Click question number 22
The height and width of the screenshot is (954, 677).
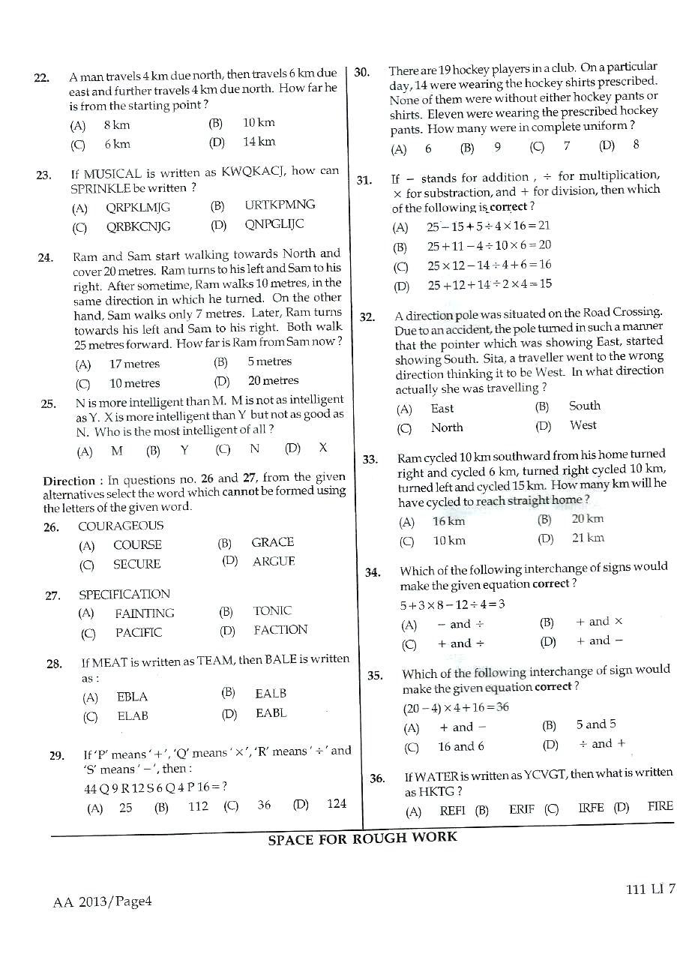pos(41,77)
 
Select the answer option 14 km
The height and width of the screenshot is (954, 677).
pos(259,141)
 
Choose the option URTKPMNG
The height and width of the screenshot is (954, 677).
pos(280,205)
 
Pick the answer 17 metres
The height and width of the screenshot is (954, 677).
pos(134,364)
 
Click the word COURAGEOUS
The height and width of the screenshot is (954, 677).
pos(121,526)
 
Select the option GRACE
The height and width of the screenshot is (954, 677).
pos(272,542)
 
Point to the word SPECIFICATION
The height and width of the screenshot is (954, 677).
pos(124,594)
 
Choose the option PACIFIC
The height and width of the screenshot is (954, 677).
pos(138,632)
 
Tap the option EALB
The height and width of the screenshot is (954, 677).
pos(271,694)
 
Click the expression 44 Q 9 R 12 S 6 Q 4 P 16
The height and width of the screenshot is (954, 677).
pos(153,787)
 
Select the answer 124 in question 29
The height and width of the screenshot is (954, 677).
pos(337,804)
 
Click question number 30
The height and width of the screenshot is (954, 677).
pos(361,72)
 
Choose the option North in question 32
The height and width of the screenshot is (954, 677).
pos(447,427)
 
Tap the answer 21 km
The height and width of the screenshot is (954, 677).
pos(587,538)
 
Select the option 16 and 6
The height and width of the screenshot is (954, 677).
pos(460,746)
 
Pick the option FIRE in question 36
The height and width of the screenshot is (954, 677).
pos(660,806)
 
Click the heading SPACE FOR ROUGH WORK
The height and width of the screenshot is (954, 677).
pos(362,838)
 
